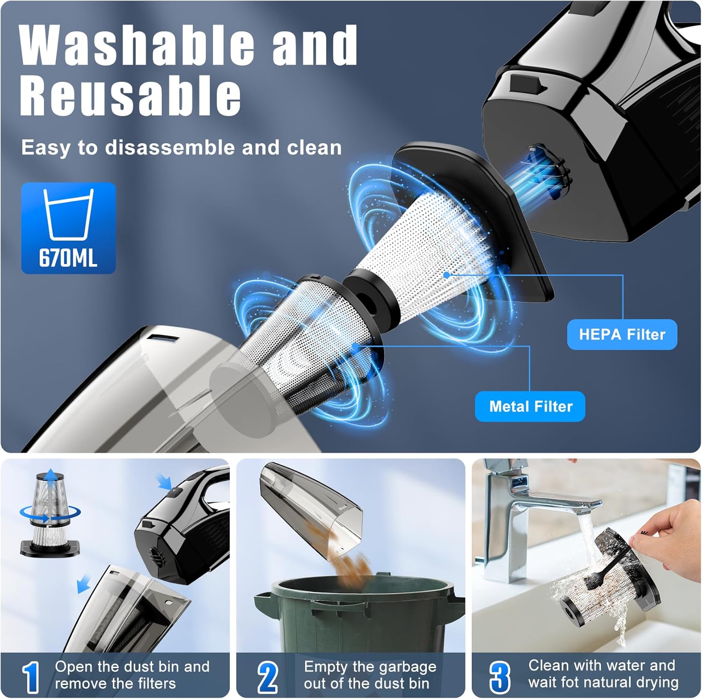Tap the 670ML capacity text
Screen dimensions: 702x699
click(68, 258)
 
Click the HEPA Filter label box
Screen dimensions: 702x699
click(622, 334)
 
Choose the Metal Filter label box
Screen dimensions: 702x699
click(530, 406)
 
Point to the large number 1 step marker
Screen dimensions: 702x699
click(31, 677)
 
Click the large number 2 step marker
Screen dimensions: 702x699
click(268, 677)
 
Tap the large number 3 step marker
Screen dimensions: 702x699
click(500, 677)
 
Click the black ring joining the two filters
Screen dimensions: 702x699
click(370, 300)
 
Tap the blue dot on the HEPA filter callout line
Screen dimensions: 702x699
click(447, 275)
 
